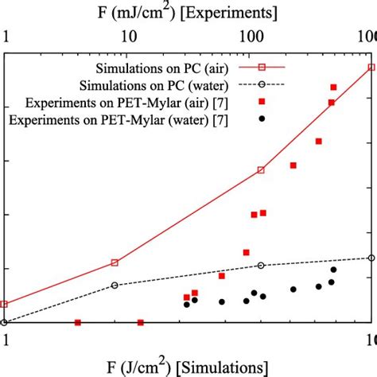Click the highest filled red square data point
tap(333, 87)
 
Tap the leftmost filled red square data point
tap(78, 322)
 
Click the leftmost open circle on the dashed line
tap(4, 322)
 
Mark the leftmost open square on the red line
tap(4, 304)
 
